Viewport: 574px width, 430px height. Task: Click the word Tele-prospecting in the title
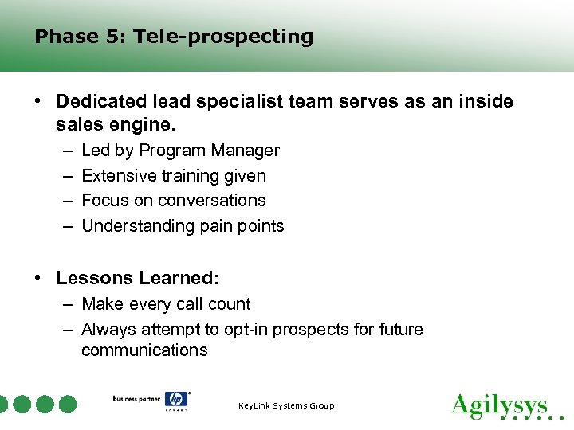[223, 37]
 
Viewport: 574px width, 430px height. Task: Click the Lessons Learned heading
[137, 279]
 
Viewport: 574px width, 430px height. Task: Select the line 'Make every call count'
[166, 304]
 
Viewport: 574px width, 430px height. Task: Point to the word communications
[144, 350]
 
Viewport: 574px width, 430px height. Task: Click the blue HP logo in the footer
[175, 400]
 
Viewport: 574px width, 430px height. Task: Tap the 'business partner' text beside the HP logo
[136, 398]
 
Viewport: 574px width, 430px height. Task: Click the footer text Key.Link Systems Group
[286, 406]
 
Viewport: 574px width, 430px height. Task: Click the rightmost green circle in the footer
[69, 404]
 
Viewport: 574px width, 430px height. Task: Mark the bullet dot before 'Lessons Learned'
[38, 279]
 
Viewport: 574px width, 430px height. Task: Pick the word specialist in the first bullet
[245, 102]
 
